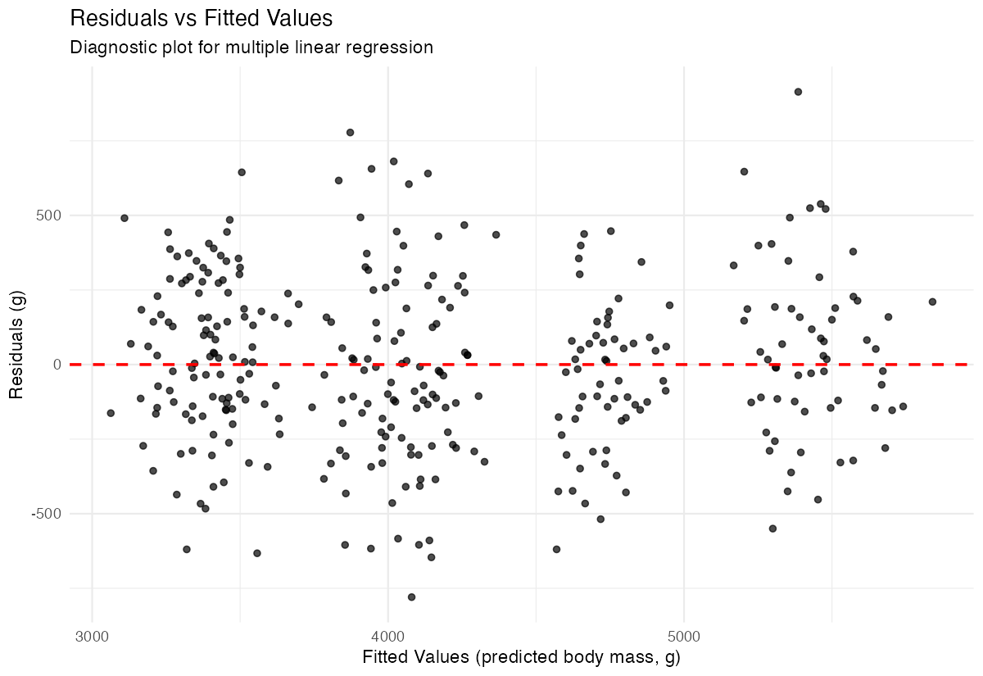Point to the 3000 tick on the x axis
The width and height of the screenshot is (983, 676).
[92, 635]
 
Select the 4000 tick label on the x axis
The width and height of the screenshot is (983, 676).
[387, 635]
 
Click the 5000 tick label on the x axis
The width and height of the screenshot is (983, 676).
[684, 635]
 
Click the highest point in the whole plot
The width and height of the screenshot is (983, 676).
[798, 92]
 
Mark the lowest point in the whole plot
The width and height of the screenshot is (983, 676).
[411, 597]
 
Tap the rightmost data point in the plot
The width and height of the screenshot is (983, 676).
[932, 302]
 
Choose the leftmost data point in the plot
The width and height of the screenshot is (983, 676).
[111, 413]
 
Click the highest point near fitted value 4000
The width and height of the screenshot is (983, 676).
[350, 132]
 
